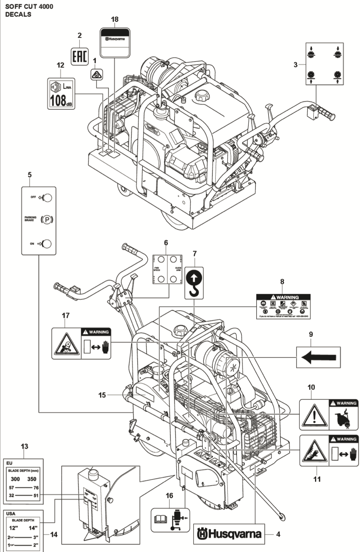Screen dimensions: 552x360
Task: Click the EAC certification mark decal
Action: (80, 57)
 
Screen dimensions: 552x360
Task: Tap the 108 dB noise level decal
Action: (61, 94)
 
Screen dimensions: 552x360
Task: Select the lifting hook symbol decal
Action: (194, 283)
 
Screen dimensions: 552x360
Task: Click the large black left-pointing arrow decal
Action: (318, 357)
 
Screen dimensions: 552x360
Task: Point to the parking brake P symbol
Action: (47, 219)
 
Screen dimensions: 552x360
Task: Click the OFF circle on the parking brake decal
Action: (47, 198)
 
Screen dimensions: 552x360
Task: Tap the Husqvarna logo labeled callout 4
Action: (229, 534)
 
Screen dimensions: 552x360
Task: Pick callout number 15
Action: (102, 395)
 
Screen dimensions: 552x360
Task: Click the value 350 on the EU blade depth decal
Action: (32, 479)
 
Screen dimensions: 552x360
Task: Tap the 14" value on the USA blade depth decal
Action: (33, 528)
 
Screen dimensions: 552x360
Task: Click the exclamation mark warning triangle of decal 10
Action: (314, 415)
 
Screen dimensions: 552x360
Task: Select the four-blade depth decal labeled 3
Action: (324, 64)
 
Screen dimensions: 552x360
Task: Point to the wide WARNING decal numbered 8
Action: (283, 306)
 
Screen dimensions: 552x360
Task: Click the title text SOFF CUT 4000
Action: (29, 6)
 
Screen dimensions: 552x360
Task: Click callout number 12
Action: (60, 65)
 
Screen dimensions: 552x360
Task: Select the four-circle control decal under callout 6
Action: (167, 269)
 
